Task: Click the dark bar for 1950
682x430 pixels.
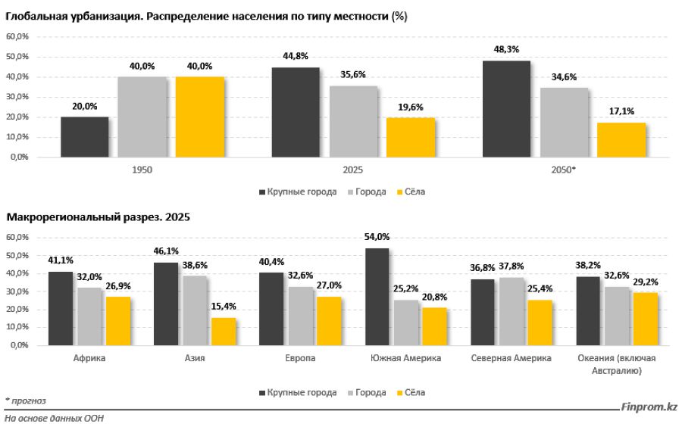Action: point(84,137)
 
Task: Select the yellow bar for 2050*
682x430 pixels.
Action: point(621,140)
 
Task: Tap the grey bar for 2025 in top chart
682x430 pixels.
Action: point(353,121)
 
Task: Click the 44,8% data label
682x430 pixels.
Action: point(296,55)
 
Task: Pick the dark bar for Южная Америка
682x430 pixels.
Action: point(376,296)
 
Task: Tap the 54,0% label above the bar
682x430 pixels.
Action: point(376,236)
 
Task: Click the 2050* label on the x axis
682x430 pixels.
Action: point(564,170)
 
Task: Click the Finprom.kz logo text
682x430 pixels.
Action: point(649,407)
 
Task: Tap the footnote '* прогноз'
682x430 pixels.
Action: point(26,400)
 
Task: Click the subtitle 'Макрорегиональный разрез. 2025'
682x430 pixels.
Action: point(99,217)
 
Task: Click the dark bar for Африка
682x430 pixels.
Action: point(60,308)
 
